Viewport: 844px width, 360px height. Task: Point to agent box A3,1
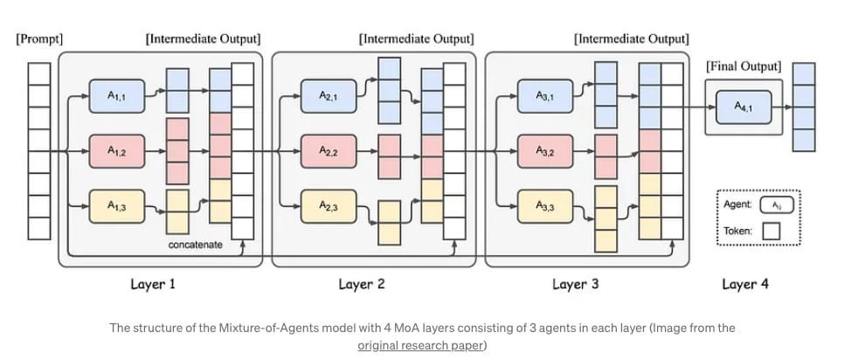[x=543, y=95]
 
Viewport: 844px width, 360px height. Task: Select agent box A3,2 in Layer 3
[x=543, y=151]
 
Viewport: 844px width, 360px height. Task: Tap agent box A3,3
[x=543, y=206]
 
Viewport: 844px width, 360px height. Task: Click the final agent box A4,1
[x=743, y=107]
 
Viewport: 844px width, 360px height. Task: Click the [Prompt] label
[x=39, y=39]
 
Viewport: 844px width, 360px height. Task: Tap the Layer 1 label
[x=153, y=284]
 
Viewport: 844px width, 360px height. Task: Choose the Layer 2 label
[x=362, y=284]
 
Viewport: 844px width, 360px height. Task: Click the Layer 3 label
[x=576, y=284]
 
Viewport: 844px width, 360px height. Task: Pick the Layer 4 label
[x=745, y=284]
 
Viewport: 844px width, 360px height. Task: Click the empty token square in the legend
[x=771, y=231]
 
